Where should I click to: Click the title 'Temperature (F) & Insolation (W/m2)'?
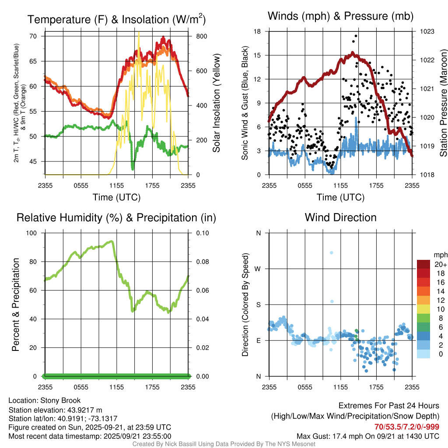(116, 20)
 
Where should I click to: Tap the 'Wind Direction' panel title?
(340, 217)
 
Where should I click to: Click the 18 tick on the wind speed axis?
(257, 31)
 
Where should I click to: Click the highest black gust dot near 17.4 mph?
(356, 36)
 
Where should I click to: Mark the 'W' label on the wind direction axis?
(258, 269)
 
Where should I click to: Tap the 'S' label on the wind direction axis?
(258, 304)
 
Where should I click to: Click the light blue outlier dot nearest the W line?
(331, 253)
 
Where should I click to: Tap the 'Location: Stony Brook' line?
(45, 400)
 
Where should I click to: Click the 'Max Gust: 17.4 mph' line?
(367, 436)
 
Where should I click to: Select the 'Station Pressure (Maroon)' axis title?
(443, 103)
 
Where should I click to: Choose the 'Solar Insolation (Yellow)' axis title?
(216, 103)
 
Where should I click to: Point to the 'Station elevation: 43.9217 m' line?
(55, 410)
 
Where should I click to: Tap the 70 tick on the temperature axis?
(33, 36)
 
